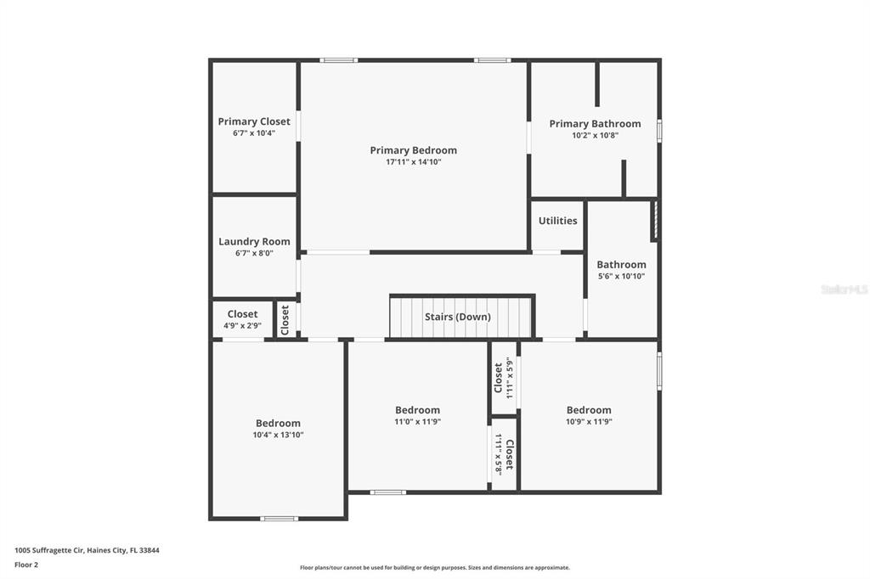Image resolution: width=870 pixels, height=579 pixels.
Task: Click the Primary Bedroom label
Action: [x=414, y=150]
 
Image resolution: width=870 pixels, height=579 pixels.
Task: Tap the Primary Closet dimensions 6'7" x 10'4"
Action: [x=254, y=133]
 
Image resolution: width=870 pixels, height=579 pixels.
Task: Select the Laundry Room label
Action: [x=254, y=241]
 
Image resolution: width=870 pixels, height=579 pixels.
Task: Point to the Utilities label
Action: [x=557, y=220]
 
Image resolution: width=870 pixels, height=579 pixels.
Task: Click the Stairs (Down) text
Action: [x=458, y=317]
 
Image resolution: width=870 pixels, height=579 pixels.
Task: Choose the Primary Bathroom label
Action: [x=595, y=124]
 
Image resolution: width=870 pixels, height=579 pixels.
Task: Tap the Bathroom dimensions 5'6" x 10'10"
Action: [x=621, y=276]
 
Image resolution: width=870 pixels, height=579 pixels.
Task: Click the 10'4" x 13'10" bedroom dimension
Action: [x=278, y=435]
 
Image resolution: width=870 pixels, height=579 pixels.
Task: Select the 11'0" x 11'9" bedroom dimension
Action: [x=418, y=421]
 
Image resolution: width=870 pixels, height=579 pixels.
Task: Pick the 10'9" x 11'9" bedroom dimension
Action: [x=589, y=421]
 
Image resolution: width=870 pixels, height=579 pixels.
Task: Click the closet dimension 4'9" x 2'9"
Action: [x=242, y=325]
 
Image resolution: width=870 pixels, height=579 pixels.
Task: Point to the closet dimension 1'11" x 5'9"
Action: [x=510, y=378]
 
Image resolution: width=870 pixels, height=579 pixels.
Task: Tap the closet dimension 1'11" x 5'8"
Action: [x=498, y=455]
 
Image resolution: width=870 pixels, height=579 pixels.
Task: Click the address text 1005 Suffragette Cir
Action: [x=48, y=550]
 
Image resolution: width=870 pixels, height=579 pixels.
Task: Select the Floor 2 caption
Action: [x=26, y=565]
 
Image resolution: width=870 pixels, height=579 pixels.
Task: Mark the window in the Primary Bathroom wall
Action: [x=659, y=131]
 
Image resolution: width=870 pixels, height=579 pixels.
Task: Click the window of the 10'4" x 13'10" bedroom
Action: [x=279, y=519]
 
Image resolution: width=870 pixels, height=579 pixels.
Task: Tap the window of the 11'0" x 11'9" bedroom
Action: [x=387, y=492]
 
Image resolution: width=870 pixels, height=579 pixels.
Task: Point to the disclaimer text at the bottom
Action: [x=435, y=567]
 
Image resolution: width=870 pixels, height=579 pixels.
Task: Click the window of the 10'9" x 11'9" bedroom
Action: [x=659, y=371]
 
